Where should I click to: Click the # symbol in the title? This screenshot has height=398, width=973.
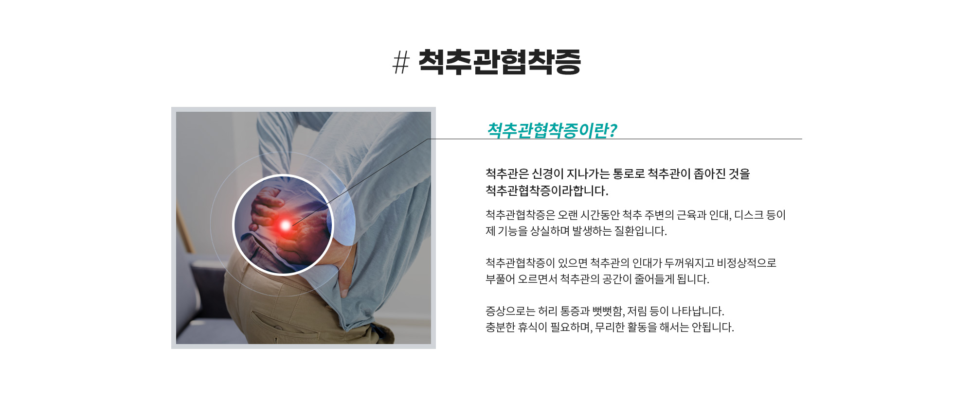tap(401, 63)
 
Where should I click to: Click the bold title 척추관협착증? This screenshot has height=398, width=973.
tap(500, 62)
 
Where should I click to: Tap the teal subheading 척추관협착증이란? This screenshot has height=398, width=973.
tap(552, 130)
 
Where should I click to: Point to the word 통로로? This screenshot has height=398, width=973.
tap(629, 174)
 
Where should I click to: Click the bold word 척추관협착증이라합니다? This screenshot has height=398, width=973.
tap(547, 190)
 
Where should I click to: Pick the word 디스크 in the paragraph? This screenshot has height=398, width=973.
tap(749, 215)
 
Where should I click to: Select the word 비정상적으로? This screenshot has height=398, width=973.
tap(747, 263)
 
